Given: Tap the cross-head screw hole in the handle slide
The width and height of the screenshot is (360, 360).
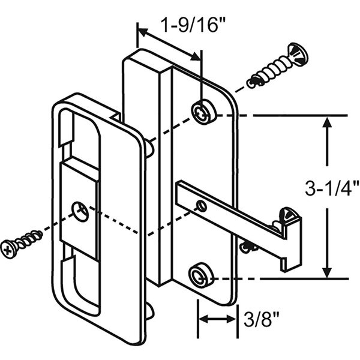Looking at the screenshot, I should (79, 209).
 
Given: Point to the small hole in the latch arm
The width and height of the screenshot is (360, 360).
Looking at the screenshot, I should (202, 206).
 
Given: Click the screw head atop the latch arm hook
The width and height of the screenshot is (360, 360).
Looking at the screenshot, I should (287, 214).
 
